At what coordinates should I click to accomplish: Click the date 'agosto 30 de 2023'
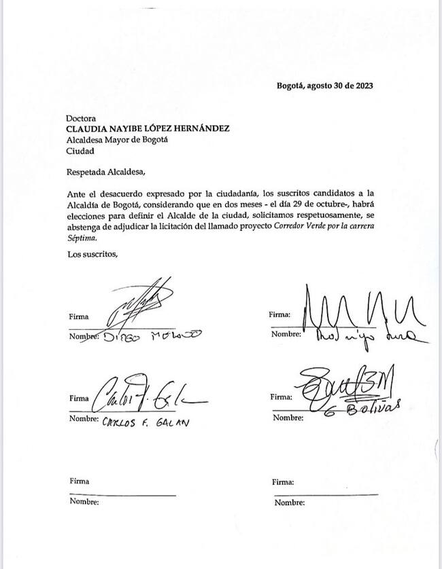(340, 86)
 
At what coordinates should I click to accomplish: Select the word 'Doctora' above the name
(81, 117)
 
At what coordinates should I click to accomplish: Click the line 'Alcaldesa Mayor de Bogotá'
(117, 140)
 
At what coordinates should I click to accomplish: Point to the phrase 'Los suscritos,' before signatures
(93, 255)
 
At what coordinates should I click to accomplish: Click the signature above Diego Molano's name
(139, 301)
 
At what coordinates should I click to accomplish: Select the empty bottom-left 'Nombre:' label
(84, 502)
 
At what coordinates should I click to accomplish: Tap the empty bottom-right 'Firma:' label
(282, 482)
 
